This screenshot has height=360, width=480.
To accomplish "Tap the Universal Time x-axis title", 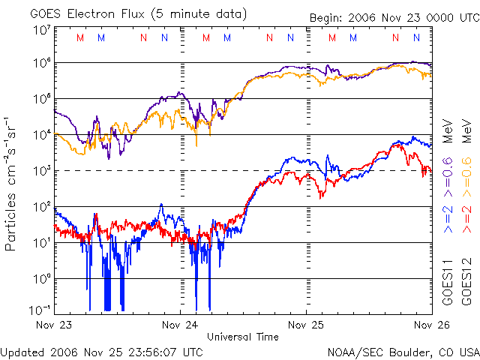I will (242, 337).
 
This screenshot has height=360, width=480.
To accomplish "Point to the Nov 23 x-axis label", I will (54, 325).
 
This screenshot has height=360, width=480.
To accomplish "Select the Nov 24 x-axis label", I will (181, 325).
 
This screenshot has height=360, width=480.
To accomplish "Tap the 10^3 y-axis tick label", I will (40, 171).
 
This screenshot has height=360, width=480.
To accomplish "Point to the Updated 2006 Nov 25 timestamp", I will (102, 351).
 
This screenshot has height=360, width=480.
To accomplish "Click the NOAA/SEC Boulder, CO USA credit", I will (403, 351).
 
